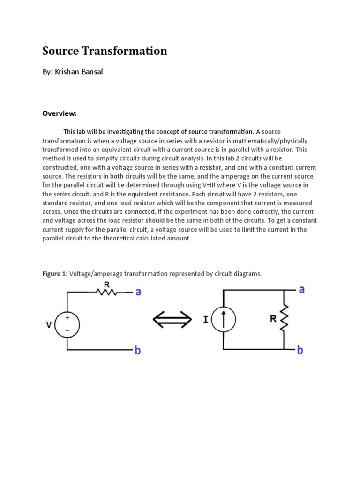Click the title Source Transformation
click(x=105, y=51)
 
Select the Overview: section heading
click(x=60, y=113)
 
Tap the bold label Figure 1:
click(x=55, y=273)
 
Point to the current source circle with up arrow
click(x=223, y=320)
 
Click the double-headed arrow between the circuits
click(x=172, y=320)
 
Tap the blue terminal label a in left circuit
click(x=138, y=292)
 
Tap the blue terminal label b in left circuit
click(x=138, y=350)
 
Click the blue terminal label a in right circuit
click(x=301, y=289)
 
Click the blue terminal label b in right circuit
click(x=300, y=350)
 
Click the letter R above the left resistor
click(x=106, y=284)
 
